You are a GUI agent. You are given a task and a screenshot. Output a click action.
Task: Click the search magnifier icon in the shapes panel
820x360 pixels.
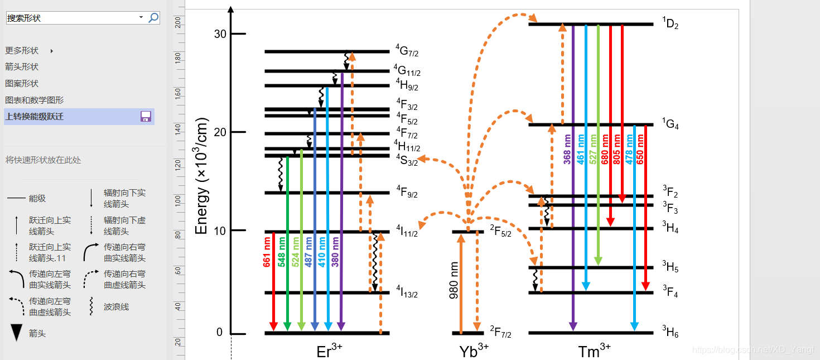pyautogui.click(x=153, y=18)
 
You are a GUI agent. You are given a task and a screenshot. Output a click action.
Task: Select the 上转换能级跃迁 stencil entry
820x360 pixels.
pyautogui.click(x=35, y=117)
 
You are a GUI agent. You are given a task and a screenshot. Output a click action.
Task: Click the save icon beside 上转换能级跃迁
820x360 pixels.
pyautogui.click(x=146, y=117)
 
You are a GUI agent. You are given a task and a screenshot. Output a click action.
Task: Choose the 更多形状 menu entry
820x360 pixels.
pyautogui.click(x=22, y=51)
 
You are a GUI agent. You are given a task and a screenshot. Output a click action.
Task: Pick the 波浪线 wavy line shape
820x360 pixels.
pyautogui.click(x=91, y=306)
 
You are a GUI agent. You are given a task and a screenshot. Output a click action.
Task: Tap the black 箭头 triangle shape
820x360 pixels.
pyautogui.click(x=17, y=333)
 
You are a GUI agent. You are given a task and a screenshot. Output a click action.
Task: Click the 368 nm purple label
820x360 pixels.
pyautogui.click(x=567, y=149)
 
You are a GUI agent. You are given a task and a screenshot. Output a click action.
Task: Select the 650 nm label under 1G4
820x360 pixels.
pyautogui.click(x=640, y=149)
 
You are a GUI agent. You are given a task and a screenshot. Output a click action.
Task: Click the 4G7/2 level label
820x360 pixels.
pyautogui.click(x=407, y=51)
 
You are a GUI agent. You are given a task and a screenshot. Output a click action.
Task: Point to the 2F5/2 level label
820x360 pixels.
pyautogui.click(x=500, y=231)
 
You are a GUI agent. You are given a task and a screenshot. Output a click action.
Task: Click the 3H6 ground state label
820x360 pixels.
pyautogui.click(x=670, y=333)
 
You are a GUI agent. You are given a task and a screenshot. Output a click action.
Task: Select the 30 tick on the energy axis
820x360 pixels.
pyautogui.click(x=220, y=34)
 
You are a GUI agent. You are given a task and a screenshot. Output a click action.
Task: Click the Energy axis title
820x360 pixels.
pyautogui.click(x=201, y=176)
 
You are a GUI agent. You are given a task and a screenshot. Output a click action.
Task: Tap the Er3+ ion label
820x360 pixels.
pyautogui.click(x=329, y=351)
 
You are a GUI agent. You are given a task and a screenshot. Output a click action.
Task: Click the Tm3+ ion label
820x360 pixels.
pyautogui.click(x=594, y=351)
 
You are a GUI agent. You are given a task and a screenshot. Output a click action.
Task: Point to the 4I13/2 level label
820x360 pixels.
pyautogui.click(x=407, y=291)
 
